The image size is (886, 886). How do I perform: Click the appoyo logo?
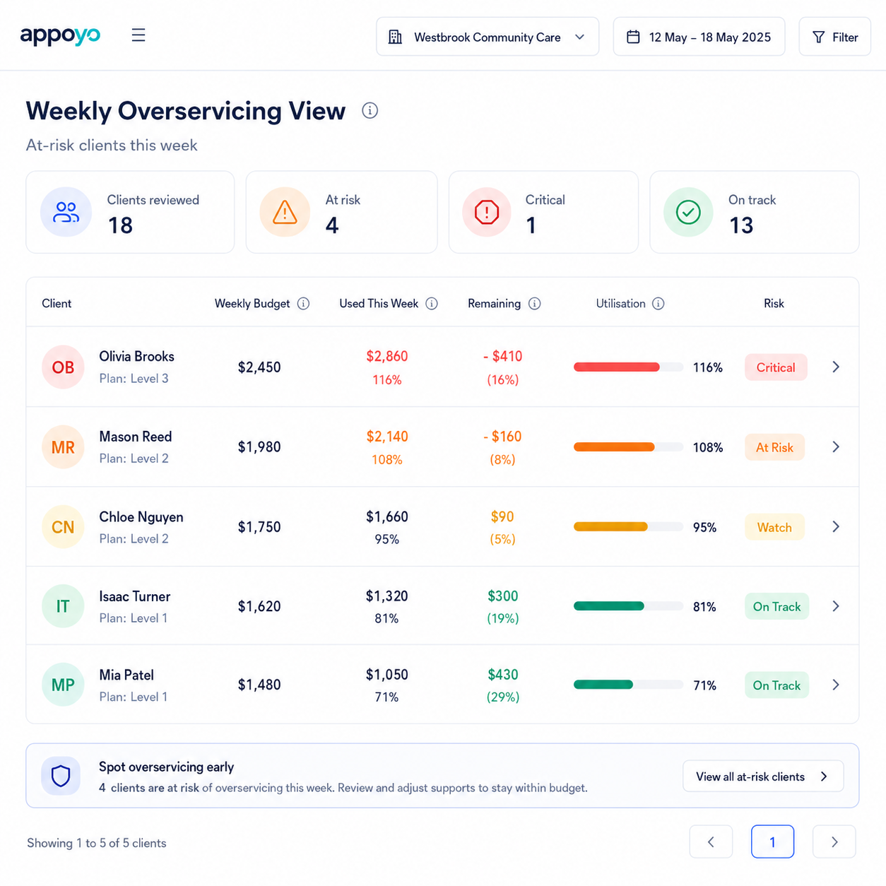(x=60, y=36)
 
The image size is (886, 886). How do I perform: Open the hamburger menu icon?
(x=138, y=35)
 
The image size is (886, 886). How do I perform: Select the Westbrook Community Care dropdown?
(x=488, y=37)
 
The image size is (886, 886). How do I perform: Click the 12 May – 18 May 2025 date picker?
(x=699, y=37)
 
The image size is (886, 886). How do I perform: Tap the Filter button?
(x=834, y=37)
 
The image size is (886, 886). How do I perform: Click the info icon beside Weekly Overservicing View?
(x=370, y=110)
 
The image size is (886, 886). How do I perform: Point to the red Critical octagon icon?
(x=486, y=212)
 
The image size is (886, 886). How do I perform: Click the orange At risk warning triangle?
(x=285, y=212)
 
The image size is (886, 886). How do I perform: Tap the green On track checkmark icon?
(x=688, y=212)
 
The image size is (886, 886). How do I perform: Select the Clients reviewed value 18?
(x=120, y=225)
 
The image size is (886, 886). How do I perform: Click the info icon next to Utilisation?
(x=658, y=303)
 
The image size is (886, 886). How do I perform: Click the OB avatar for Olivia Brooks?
(x=63, y=367)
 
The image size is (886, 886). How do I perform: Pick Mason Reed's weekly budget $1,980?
(x=259, y=447)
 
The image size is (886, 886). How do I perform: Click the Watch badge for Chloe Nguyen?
(x=774, y=527)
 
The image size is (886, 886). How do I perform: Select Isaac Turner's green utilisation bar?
(x=609, y=606)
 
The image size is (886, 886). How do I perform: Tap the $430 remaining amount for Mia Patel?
(x=503, y=675)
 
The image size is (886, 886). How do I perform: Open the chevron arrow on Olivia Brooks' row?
(x=836, y=367)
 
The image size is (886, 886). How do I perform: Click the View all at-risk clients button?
(x=763, y=776)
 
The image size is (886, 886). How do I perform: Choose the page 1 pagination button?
(x=772, y=841)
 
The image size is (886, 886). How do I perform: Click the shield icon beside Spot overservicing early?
(x=61, y=776)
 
